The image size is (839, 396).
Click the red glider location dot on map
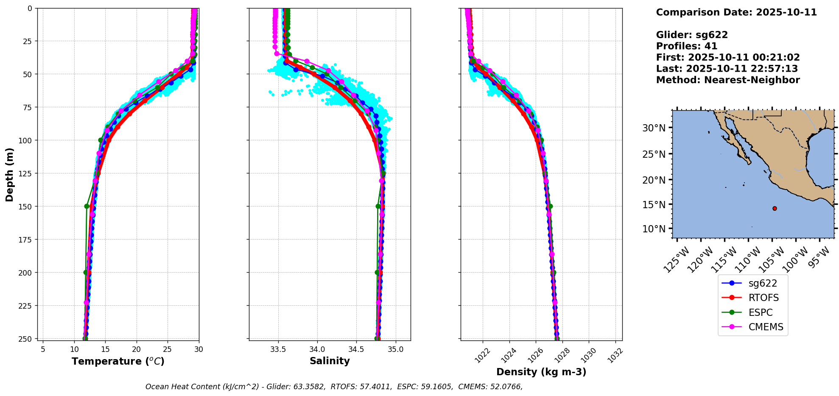pyautogui.click(x=775, y=208)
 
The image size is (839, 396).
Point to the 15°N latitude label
pyautogui.click(x=654, y=204)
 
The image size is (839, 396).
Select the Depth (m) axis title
pyautogui.click(x=10, y=174)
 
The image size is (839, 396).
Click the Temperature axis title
pyautogui.click(x=118, y=362)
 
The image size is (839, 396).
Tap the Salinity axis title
pyautogui.click(x=330, y=361)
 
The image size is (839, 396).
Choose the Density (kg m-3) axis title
pyautogui.click(x=541, y=372)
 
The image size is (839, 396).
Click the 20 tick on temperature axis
pyautogui.click(x=136, y=349)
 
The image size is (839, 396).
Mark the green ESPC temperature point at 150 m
pyautogui.click(x=87, y=206)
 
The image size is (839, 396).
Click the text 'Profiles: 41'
pyautogui.click(x=686, y=46)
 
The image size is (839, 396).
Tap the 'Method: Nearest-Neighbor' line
pyautogui.click(x=727, y=80)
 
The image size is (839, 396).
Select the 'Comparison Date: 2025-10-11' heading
pyautogui.click(x=736, y=12)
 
